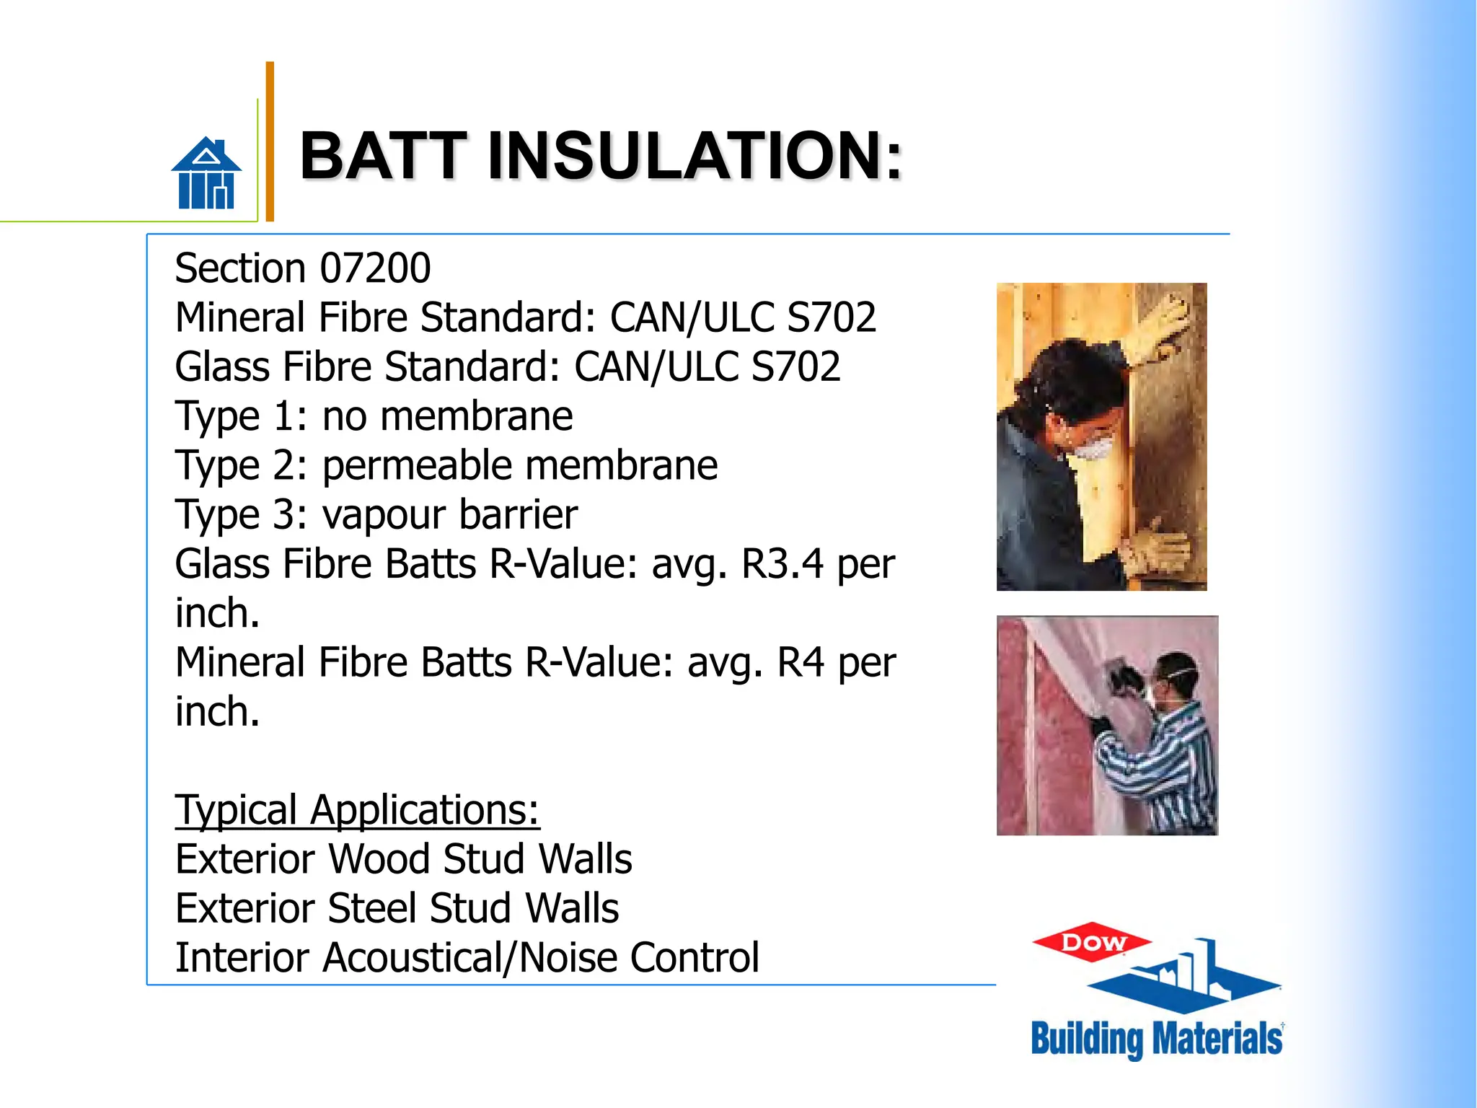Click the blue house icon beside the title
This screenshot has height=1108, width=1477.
point(206,174)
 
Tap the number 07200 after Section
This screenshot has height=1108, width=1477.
point(375,268)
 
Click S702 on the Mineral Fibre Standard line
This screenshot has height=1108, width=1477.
point(831,317)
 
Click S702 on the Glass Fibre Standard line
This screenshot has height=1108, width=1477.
point(795,366)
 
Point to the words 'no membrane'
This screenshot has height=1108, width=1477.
point(447,416)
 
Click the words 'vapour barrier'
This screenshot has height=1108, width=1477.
point(449,514)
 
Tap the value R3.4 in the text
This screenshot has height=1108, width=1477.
point(782,564)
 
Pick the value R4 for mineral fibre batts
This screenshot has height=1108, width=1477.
point(800,662)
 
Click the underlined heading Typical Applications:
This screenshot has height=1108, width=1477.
point(357,810)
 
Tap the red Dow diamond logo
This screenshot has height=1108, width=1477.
point(1092,942)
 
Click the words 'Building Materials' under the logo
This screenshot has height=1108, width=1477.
point(1156,1039)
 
